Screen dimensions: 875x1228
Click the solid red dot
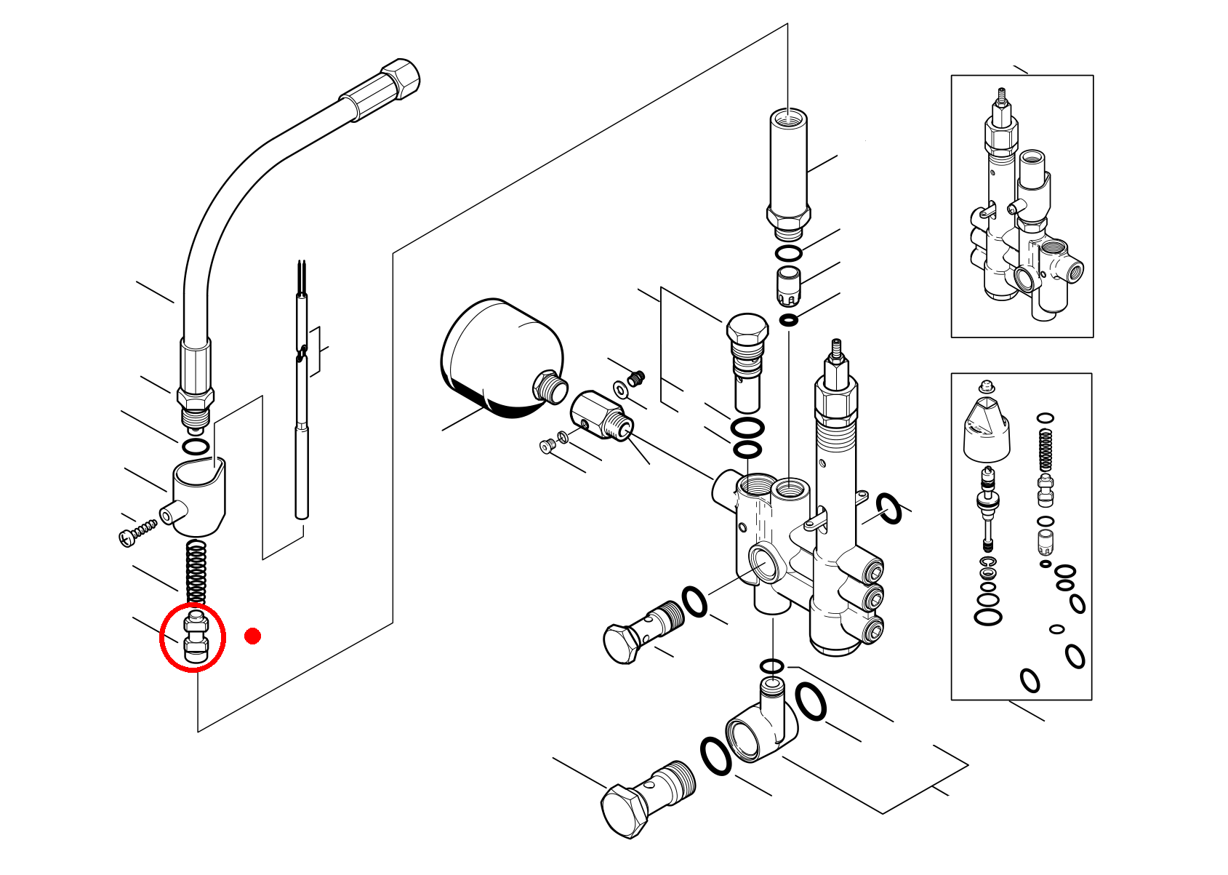click(x=252, y=636)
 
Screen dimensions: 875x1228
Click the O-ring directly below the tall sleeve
click(x=788, y=254)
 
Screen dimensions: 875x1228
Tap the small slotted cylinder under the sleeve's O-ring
click(x=789, y=285)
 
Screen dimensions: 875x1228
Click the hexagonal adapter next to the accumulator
click(x=601, y=415)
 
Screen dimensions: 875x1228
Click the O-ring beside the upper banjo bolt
click(x=694, y=602)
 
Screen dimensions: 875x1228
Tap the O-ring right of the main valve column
click(x=888, y=508)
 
